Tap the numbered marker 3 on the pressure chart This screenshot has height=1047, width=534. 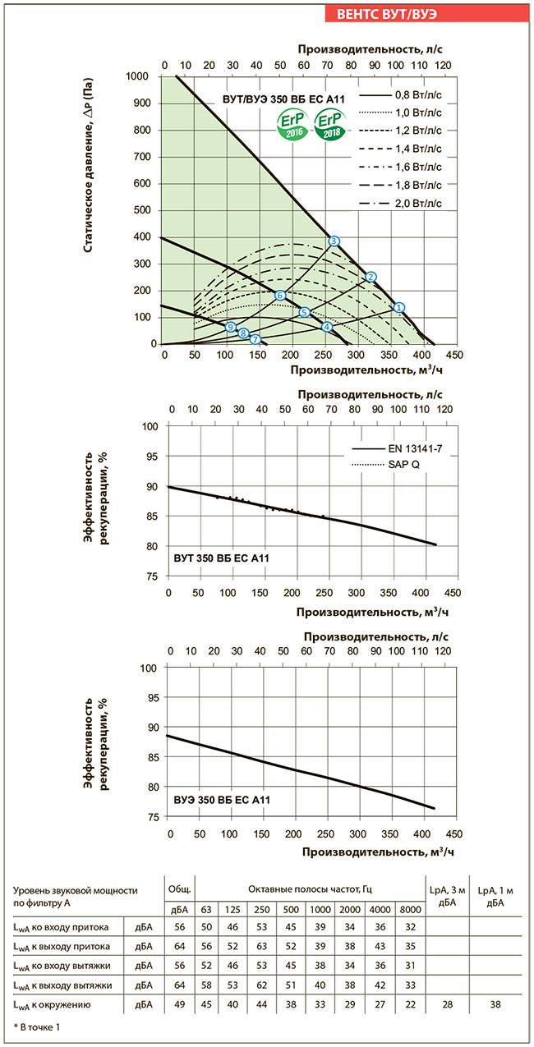click(334, 241)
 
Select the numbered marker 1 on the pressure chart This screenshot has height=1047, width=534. click(399, 307)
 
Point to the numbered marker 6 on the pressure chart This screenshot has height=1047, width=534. click(280, 295)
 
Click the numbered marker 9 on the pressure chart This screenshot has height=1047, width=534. click(230, 327)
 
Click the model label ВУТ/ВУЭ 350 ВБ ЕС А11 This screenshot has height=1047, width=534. click(283, 99)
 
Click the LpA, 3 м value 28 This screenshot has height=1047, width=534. click(446, 1004)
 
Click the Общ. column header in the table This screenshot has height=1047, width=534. click(180, 889)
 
